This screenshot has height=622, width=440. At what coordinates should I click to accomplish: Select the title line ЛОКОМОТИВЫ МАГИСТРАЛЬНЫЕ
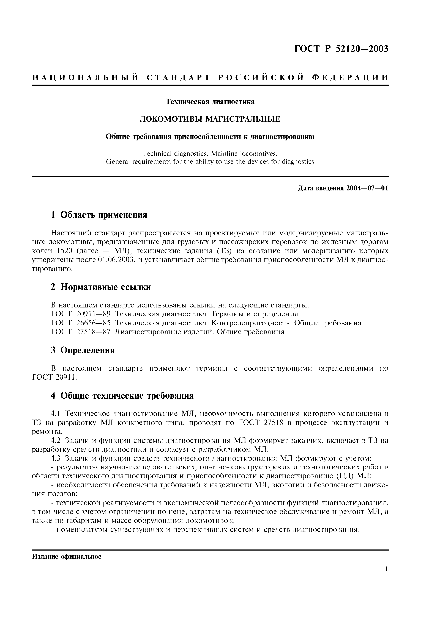[x=210, y=119]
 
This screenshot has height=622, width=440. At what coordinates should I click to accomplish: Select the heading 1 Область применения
[x=99, y=215]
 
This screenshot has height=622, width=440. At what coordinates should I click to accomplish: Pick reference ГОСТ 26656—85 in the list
[x=81, y=323]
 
